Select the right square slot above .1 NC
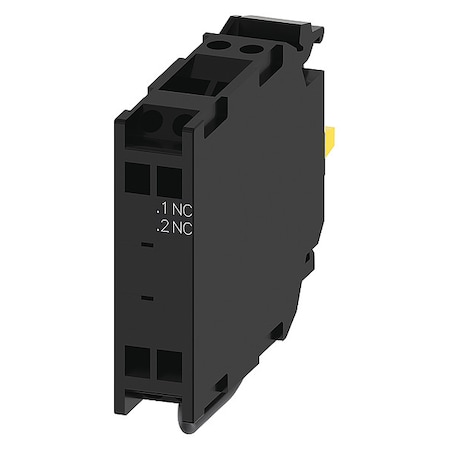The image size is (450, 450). [169, 181]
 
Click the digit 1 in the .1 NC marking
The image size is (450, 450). [163, 209]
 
